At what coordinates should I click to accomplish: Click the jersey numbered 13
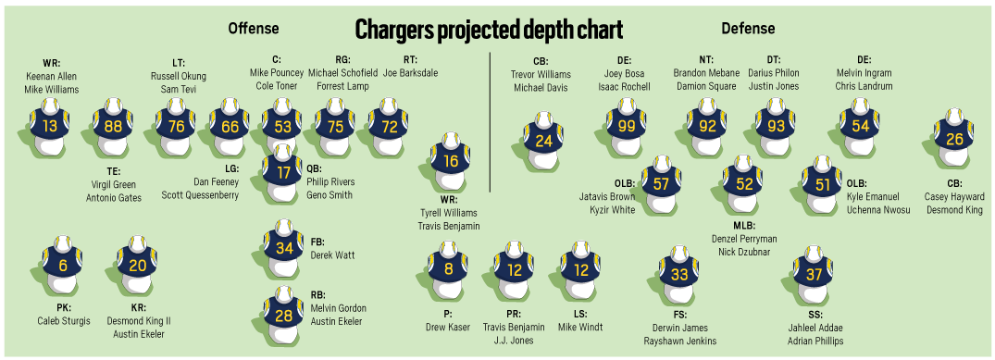(x=50, y=127)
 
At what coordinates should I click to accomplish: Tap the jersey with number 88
(x=114, y=127)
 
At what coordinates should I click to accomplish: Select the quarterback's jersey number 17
(x=283, y=173)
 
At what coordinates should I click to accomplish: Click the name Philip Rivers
(x=330, y=182)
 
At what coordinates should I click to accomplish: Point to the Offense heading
(x=254, y=28)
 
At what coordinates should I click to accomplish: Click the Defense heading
(x=748, y=28)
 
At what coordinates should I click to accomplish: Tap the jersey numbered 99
(x=628, y=127)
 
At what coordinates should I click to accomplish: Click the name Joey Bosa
(x=624, y=72)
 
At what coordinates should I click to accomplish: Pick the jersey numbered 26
(x=954, y=140)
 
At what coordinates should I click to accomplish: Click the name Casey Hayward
(x=953, y=196)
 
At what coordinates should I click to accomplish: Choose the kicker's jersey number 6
(x=63, y=266)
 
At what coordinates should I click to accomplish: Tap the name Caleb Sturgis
(x=63, y=321)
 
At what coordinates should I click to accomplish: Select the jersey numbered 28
(x=283, y=316)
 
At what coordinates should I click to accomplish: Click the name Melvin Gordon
(x=339, y=308)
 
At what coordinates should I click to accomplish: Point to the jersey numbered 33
(x=679, y=275)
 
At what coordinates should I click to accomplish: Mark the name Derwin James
(x=679, y=328)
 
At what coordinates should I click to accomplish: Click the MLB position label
(x=744, y=226)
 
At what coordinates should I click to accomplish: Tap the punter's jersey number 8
(x=448, y=270)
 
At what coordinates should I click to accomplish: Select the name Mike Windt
(x=581, y=327)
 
